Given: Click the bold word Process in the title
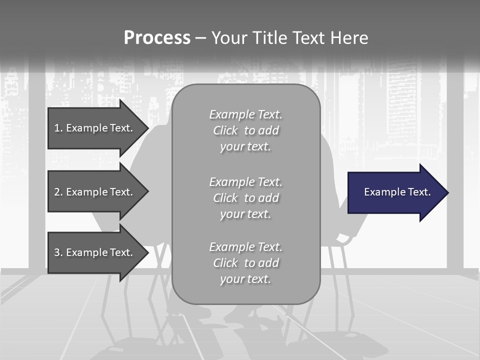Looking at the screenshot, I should pyautogui.click(x=157, y=38).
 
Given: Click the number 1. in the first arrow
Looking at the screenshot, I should pyautogui.click(x=58, y=128).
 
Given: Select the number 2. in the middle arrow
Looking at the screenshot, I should pyautogui.click(x=58, y=192).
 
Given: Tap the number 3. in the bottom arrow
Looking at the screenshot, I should pyautogui.click(x=58, y=252).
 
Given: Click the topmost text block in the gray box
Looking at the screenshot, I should pyautogui.click(x=245, y=130).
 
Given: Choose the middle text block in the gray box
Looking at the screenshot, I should pyautogui.click(x=245, y=198).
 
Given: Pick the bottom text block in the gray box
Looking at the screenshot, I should pyautogui.click(x=245, y=263).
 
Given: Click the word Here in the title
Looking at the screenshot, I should pyautogui.click(x=349, y=38).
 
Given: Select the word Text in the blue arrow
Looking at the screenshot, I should pyautogui.click(x=419, y=192).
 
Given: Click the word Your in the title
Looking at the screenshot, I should pyautogui.click(x=229, y=38).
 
